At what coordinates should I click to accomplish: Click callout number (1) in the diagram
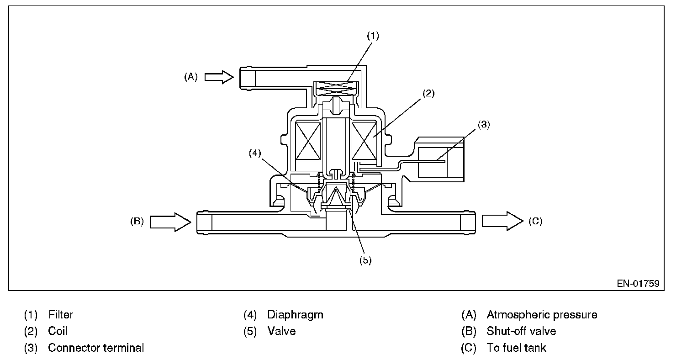(x=373, y=36)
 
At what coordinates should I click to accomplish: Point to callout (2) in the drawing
(x=428, y=94)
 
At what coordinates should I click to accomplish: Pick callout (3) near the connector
(x=483, y=124)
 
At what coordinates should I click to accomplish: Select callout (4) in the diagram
(x=255, y=154)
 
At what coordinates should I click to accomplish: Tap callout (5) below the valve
(x=365, y=260)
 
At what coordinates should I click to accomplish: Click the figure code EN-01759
(x=638, y=284)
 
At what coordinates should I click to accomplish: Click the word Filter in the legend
(x=60, y=315)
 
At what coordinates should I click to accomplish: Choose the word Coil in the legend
(x=58, y=331)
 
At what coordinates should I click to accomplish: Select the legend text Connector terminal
(x=96, y=348)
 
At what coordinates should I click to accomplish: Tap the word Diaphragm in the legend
(x=295, y=315)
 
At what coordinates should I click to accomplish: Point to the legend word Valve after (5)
(x=281, y=331)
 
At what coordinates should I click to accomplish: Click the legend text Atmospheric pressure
(x=542, y=315)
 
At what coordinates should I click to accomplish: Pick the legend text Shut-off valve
(x=521, y=331)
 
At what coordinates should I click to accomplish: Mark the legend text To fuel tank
(x=516, y=348)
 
